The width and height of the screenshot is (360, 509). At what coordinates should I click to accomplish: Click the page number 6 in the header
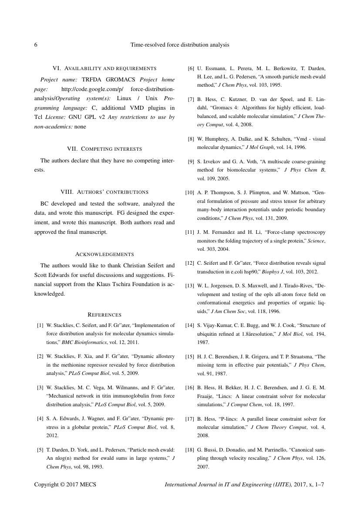36,44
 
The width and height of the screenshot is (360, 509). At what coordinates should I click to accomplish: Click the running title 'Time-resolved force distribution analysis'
180,44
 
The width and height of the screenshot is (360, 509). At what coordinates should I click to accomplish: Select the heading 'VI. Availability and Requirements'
104,68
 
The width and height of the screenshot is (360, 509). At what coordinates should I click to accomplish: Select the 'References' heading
104,314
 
